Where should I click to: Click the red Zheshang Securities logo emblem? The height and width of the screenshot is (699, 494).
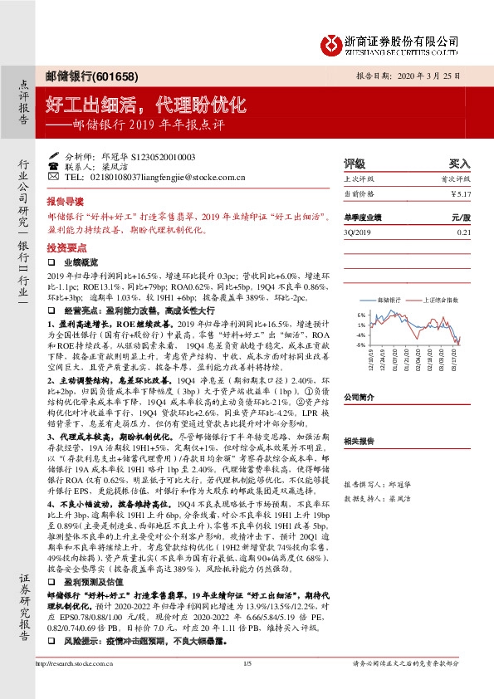333,42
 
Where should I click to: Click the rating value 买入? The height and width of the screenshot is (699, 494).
459,164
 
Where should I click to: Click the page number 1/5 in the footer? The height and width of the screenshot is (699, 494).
247,686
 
